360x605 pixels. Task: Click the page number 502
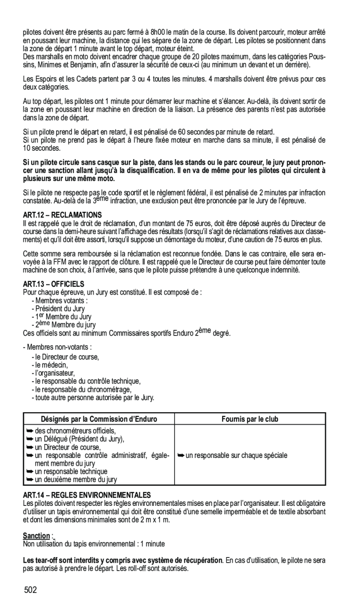31,590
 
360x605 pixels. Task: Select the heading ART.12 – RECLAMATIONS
62,215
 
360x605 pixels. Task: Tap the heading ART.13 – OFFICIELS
54,283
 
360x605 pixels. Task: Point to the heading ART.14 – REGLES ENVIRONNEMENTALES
87,494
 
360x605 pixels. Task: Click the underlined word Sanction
36,536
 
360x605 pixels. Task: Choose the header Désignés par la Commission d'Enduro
99,419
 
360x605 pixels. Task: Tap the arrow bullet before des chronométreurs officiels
29,431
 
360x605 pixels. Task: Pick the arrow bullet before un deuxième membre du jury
29,479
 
